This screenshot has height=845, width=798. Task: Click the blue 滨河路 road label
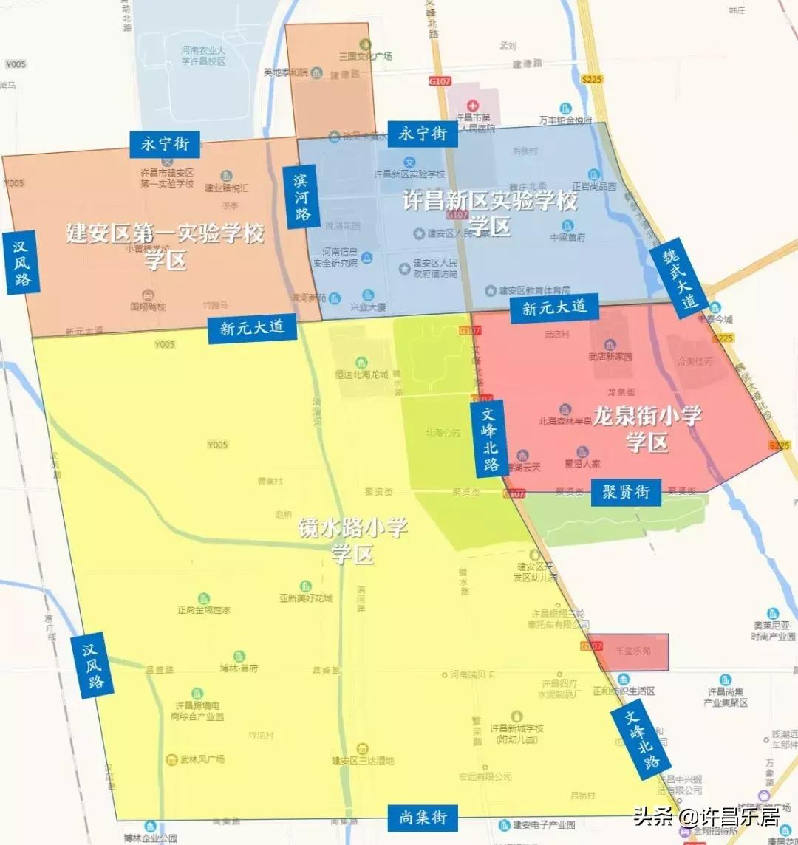[301, 196]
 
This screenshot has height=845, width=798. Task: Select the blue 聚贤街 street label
[625, 492]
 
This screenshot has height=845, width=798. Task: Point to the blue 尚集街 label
[423, 817]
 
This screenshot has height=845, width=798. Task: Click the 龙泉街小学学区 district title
[647, 428]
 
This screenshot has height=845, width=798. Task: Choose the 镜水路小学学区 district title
[352, 541]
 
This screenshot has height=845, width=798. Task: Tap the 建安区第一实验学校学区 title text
[165, 246]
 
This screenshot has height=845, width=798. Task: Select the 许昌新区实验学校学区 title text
[489, 212]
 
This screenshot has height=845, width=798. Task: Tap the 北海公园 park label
[443, 433]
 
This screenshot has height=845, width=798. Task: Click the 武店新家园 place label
[610, 356]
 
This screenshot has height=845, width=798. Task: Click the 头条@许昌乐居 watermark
[706, 817]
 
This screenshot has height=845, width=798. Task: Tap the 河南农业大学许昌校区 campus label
[203, 55]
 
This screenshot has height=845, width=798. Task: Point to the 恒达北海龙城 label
[361, 374]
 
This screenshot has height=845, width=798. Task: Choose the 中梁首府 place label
[567, 236]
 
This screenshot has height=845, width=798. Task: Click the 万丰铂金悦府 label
[566, 119]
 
